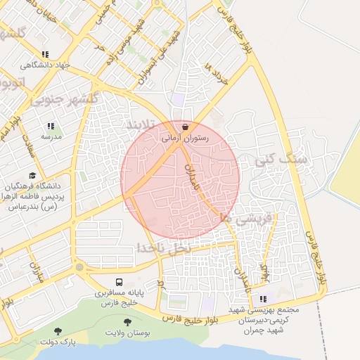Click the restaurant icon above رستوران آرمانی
click(x=185, y=127)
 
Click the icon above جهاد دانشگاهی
click(x=46, y=54)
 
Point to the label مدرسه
click(x=49, y=136)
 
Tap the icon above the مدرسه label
click(x=50, y=125)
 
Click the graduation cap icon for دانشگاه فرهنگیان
click(x=32, y=175)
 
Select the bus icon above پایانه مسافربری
click(x=120, y=280)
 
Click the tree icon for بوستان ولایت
click(x=127, y=321)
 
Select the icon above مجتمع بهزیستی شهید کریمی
click(x=263, y=298)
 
